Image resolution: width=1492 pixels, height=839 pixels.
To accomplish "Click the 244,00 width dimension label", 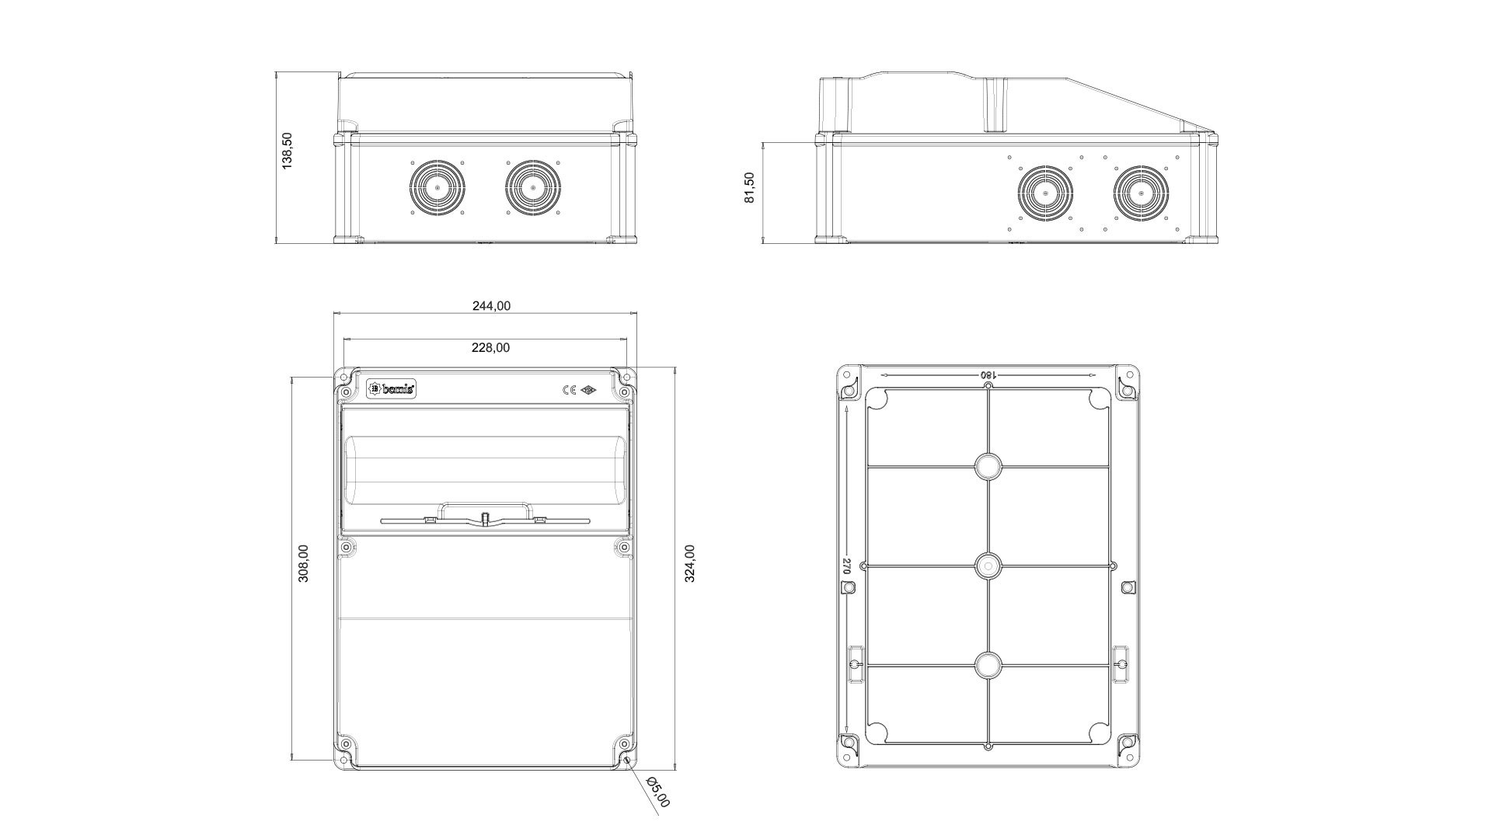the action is (x=491, y=306).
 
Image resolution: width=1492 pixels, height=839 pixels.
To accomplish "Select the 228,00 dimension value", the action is (x=491, y=348).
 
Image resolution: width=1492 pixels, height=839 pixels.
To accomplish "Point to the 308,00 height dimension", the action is (x=303, y=563).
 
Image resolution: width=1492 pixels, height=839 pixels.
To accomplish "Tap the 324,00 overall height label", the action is (x=689, y=563).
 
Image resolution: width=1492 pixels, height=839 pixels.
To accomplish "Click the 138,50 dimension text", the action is (x=287, y=151).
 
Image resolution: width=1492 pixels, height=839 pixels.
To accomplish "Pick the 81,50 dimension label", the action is (x=749, y=188).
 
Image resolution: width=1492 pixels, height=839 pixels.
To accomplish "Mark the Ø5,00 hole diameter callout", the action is (x=657, y=792).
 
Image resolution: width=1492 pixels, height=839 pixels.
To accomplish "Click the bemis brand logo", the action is (x=391, y=388).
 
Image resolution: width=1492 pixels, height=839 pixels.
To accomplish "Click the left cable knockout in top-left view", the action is (x=437, y=188).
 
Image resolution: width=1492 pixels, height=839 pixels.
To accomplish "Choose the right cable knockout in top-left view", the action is (x=533, y=188).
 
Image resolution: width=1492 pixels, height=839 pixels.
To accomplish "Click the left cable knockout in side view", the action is (x=1045, y=193).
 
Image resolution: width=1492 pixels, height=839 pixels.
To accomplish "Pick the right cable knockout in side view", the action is (x=1141, y=193).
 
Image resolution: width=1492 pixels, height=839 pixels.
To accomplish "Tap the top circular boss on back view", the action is (x=988, y=466).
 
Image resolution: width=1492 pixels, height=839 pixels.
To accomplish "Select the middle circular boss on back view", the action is (x=988, y=566).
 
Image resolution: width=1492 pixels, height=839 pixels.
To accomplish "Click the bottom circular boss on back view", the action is (x=988, y=666).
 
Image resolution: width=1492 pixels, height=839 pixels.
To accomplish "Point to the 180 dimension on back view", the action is (x=988, y=375).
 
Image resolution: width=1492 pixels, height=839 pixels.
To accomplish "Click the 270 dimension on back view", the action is (x=847, y=566).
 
